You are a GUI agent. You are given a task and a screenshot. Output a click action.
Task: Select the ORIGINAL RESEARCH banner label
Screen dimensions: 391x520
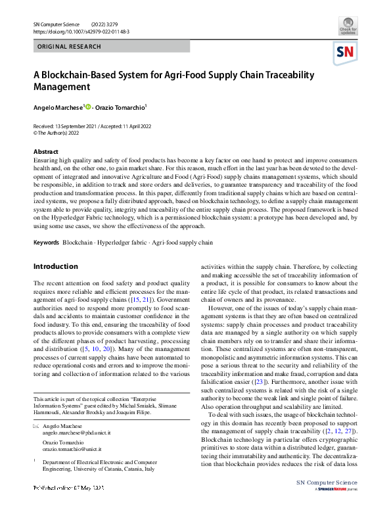(x=69, y=47)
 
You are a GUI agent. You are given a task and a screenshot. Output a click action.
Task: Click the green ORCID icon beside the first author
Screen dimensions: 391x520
(x=87, y=106)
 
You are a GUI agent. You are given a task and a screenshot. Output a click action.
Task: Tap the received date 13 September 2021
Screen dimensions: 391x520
(x=73, y=125)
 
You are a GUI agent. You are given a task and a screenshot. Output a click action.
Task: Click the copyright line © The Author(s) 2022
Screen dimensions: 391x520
(x=61, y=131)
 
